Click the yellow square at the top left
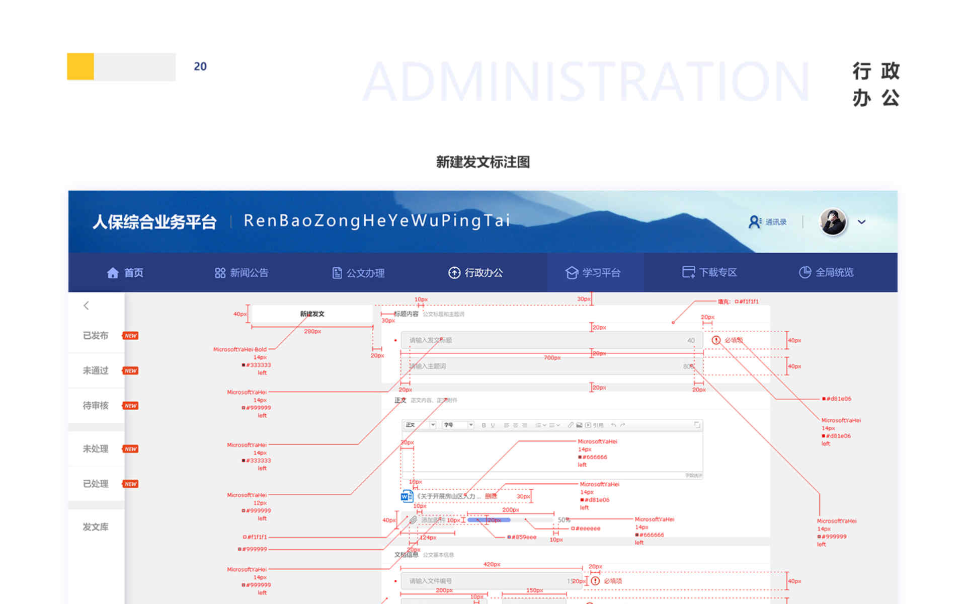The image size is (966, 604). (80, 66)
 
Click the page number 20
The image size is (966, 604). (200, 66)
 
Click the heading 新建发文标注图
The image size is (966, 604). (482, 162)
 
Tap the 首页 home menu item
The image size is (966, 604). (125, 273)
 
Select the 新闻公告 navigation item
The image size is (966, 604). (242, 273)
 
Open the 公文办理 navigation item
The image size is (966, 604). (358, 273)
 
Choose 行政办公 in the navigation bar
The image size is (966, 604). (475, 273)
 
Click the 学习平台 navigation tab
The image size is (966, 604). (593, 273)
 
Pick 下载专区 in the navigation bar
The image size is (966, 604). (709, 272)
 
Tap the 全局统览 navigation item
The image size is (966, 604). (827, 272)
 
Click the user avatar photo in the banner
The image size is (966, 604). (833, 222)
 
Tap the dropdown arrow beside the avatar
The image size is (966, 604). (862, 222)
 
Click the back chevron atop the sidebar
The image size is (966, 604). (87, 306)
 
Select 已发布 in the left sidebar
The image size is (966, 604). (96, 336)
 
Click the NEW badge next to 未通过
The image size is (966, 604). (131, 371)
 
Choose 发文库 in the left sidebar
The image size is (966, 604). (96, 527)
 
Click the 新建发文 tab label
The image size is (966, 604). (312, 314)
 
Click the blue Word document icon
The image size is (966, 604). (407, 496)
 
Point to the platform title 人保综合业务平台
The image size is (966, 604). (154, 222)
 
